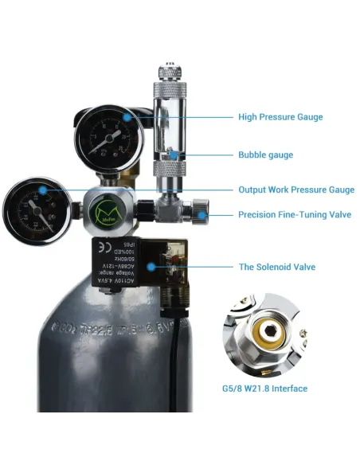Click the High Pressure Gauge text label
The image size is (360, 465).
pos(280,117)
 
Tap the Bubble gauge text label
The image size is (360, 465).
pos(265,154)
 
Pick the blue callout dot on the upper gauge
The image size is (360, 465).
pos(127,117)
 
